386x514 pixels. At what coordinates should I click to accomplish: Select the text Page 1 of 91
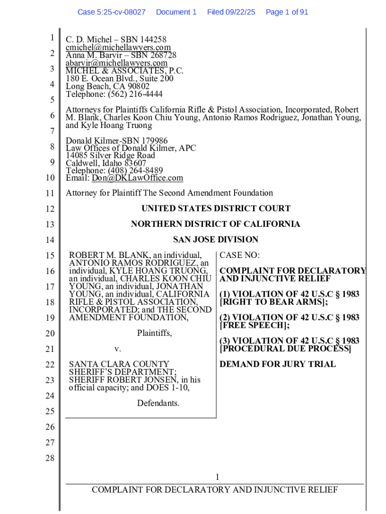(287, 12)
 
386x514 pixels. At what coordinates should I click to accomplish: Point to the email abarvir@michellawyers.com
(116, 63)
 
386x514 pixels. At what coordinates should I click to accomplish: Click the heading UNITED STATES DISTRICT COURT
(216, 209)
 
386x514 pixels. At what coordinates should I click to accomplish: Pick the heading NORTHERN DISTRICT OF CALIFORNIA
(216, 224)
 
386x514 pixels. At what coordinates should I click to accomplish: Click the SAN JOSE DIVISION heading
(216, 240)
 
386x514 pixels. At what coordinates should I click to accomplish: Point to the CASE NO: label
(240, 255)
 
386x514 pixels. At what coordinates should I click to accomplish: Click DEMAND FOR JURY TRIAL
(278, 364)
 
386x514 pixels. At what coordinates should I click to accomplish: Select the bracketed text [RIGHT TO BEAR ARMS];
(274, 302)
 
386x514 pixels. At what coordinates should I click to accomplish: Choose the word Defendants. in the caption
(158, 403)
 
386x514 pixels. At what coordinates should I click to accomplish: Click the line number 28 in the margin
(50, 458)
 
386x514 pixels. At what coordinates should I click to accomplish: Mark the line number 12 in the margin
(50, 209)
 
